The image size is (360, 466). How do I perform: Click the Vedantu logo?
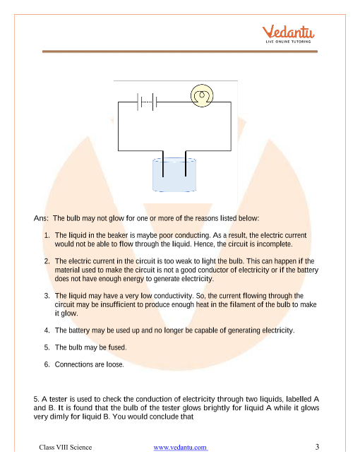[288, 34]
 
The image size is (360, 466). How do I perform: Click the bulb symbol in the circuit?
[202, 96]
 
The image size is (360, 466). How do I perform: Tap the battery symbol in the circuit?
[147, 102]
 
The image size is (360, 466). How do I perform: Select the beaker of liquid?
[174, 175]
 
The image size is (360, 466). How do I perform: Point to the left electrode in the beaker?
[163, 164]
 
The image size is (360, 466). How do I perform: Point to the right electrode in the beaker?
[186, 164]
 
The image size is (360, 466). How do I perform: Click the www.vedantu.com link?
[180, 447]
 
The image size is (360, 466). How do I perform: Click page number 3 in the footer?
[317, 447]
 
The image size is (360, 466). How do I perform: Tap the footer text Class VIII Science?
[66, 447]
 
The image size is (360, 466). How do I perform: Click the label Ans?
[41, 218]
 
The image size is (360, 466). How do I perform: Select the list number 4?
[47, 330]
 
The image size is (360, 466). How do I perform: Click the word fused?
[117, 347]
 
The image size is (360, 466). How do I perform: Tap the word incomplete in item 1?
[275, 244]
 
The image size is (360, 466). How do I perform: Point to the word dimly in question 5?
[58, 417]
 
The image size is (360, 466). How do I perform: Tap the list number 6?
[47, 364]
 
